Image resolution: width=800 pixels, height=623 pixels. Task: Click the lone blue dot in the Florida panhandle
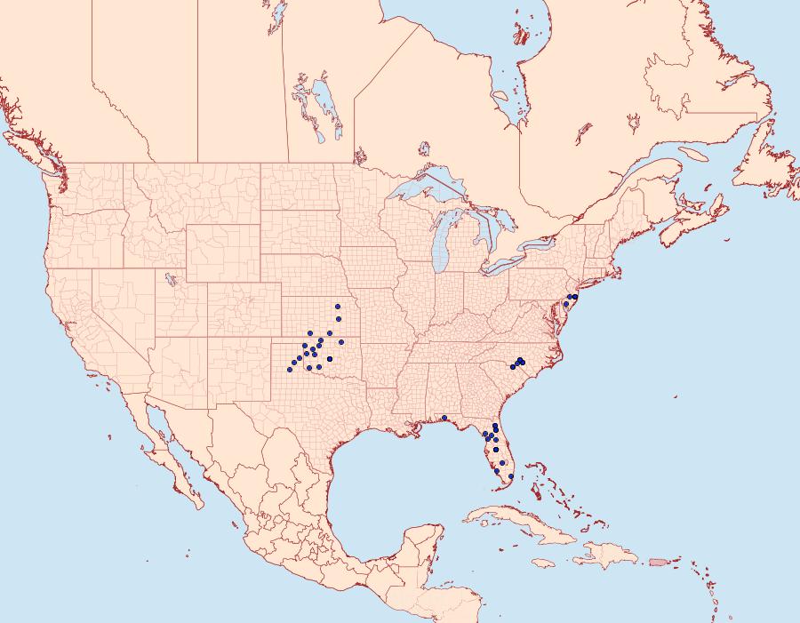[x=444, y=418]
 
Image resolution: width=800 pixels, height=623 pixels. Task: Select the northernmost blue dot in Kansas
[x=338, y=307]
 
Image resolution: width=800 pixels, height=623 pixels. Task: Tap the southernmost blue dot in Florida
[x=510, y=477]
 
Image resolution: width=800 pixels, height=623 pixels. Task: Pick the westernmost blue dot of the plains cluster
[x=290, y=369]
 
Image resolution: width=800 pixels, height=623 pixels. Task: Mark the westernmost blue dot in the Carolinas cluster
[x=513, y=366]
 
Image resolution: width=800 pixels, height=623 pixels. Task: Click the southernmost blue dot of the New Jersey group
[x=565, y=305]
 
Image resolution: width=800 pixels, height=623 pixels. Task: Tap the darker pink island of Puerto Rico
[x=659, y=562]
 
